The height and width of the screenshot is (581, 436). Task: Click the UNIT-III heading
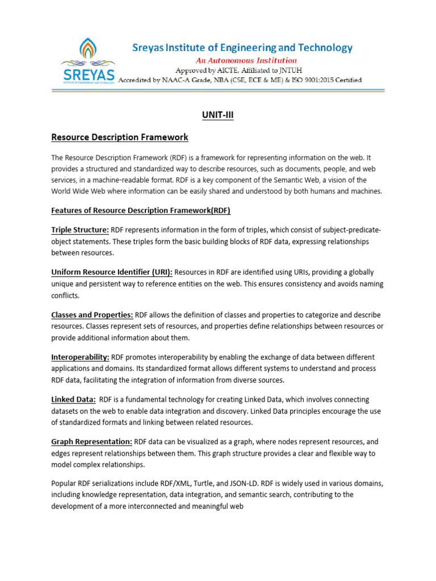(217, 116)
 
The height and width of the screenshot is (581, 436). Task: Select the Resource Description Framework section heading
(120, 137)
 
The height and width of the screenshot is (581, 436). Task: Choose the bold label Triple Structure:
(80, 229)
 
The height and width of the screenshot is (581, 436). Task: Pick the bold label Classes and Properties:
(92, 314)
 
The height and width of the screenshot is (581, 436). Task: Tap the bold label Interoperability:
(80, 357)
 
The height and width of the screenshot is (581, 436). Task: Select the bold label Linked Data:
(73, 399)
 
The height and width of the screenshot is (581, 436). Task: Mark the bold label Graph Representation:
(91, 441)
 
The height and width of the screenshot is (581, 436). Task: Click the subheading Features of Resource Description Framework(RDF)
(141, 210)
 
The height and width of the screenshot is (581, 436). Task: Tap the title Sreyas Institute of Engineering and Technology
(242, 48)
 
